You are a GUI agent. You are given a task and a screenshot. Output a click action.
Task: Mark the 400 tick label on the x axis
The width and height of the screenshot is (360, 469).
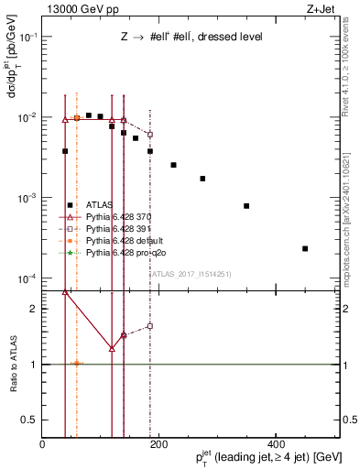click(x=276, y=444)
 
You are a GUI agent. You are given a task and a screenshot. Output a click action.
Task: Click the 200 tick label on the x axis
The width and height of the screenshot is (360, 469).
click(x=158, y=444)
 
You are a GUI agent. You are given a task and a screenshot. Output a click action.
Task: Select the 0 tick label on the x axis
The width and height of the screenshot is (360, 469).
click(x=42, y=444)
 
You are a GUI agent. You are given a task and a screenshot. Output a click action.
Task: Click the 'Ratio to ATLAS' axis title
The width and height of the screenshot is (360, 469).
click(x=13, y=365)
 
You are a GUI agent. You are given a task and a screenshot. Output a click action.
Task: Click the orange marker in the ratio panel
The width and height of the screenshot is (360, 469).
click(x=77, y=364)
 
